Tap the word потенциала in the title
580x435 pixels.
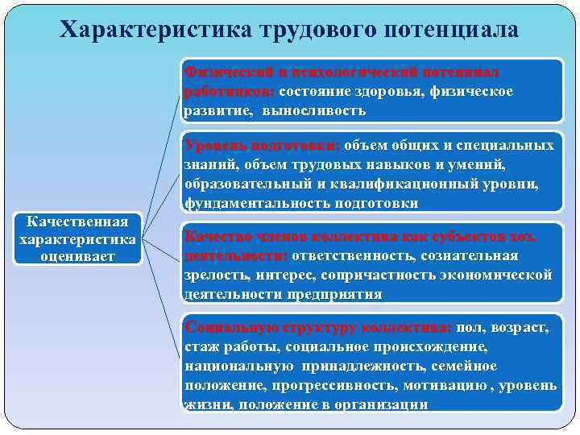[455, 30]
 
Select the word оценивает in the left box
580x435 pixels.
[78, 256]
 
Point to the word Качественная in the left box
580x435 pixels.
[78, 221]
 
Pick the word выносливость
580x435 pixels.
[320, 110]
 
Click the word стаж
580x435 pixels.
[201, 347]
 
